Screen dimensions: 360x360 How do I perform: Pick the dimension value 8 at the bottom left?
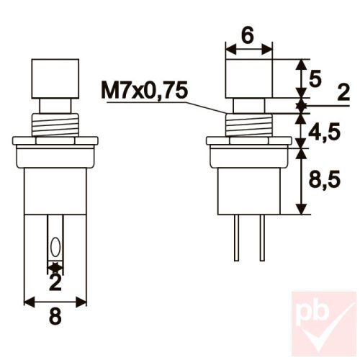55,314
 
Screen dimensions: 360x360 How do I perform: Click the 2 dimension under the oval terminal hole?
55,283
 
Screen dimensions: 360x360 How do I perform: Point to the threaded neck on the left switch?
55,125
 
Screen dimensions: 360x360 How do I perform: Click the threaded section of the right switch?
248,125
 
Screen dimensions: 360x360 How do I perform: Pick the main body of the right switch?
248,184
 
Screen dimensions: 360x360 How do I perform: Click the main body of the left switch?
55,187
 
